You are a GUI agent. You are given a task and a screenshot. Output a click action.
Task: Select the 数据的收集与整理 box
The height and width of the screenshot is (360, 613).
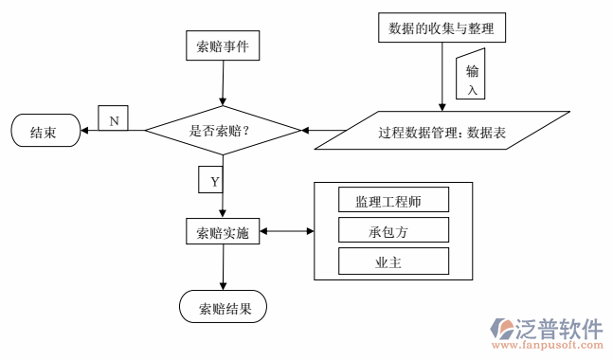point(441,28)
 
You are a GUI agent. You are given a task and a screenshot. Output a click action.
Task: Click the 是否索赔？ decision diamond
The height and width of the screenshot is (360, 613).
point(223,131)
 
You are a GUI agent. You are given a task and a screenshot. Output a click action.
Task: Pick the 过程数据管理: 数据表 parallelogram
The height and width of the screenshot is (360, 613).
point(442,132)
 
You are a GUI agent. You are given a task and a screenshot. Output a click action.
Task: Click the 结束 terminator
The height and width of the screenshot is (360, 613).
point(44,132)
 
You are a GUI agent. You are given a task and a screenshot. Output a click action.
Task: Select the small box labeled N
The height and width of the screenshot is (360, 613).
point(114,120)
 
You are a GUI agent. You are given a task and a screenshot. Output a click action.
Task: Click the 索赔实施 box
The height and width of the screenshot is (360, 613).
point(223,231)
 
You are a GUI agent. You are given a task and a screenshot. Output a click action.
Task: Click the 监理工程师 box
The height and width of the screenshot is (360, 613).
point(392,200)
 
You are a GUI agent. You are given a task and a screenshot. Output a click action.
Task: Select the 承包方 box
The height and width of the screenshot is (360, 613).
point(392,230)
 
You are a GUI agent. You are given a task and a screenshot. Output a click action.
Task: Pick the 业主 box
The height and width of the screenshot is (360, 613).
point(392,261)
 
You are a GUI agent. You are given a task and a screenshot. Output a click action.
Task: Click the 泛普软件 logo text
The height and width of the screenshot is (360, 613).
point(559,329)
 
